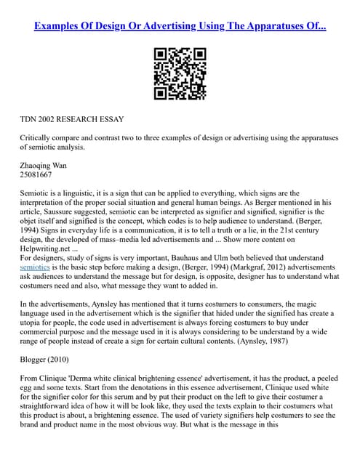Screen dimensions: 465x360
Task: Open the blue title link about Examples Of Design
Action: (180, 25)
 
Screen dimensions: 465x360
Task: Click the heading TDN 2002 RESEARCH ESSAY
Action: (72, 118)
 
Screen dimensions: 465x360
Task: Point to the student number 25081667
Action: (36, 174)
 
